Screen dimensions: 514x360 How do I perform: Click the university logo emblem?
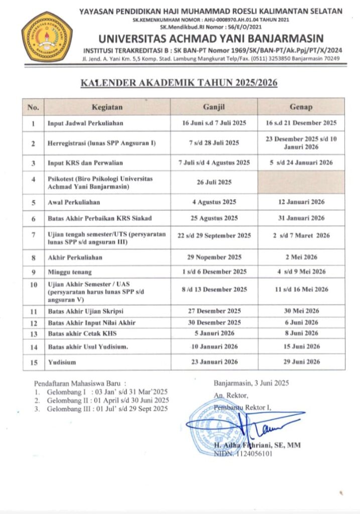47,37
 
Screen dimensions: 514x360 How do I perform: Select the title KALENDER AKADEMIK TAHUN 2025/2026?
180,83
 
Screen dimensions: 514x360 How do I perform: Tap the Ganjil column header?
214,107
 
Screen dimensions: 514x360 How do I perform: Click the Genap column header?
301,107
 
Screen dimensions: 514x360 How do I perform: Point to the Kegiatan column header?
107,107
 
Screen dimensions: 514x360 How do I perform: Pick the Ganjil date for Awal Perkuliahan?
214,202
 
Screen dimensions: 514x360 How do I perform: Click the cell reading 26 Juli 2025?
214,182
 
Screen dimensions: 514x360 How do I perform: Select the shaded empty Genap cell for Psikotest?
301,182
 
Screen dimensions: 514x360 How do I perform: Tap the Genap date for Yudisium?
301,361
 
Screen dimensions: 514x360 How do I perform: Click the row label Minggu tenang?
70,272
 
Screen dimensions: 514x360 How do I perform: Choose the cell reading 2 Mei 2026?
301,257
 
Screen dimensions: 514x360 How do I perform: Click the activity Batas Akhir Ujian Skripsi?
86,311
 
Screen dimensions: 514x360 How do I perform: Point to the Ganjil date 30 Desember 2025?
214,322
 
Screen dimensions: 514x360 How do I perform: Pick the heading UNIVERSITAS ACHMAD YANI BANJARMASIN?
211,39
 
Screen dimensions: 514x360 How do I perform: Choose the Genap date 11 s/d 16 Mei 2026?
301,289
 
